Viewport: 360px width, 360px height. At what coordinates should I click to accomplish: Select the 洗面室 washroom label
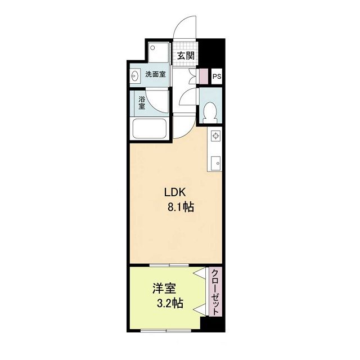click(x=155, y=74)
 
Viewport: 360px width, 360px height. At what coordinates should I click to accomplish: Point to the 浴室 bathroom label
click(x=142, y=103)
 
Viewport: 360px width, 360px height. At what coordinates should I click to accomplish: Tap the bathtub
click(x=149, y=130)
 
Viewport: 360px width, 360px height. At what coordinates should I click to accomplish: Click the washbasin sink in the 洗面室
click(x=136, y=75)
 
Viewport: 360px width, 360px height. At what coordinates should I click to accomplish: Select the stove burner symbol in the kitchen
click(x=216, y=135)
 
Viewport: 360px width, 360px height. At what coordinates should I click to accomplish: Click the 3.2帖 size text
click(x=169, y=304)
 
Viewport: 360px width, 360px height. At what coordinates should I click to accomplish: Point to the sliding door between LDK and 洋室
click(x=169, y=264)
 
